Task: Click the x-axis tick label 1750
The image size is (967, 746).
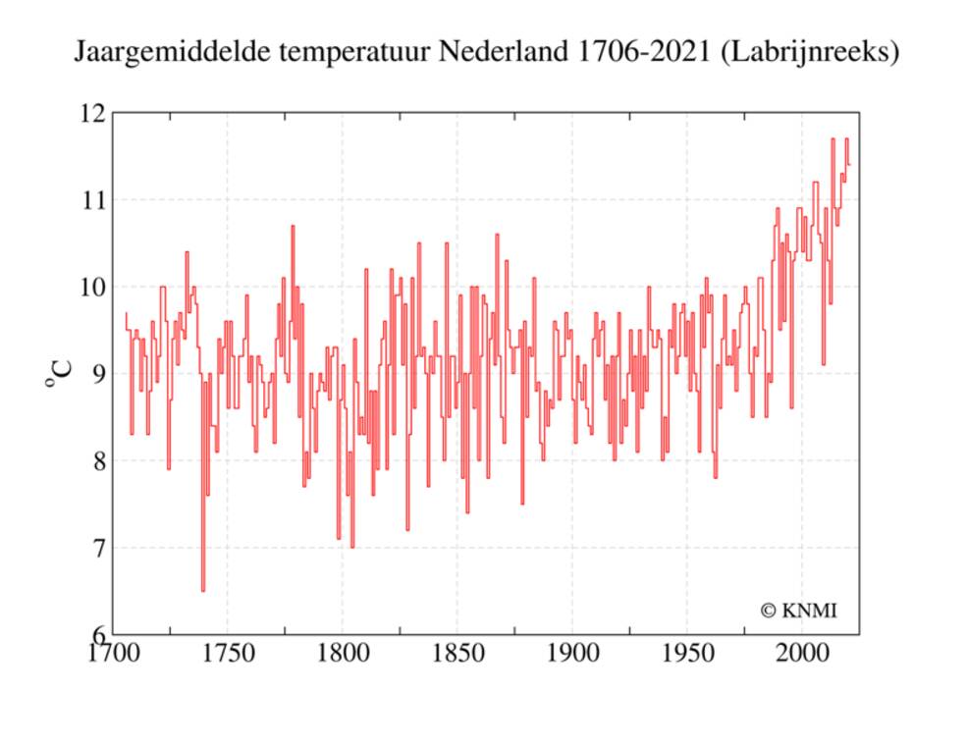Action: [227, 653]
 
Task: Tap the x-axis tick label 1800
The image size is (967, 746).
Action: [342, 653]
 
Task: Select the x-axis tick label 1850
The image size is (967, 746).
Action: [457, 653]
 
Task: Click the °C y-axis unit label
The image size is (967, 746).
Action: [59, 374]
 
